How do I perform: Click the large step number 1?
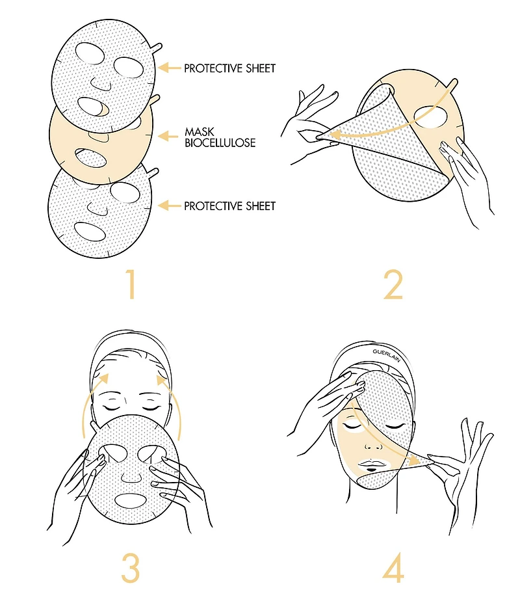point(131,284)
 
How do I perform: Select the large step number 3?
point(130,568)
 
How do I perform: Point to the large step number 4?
point(393,568)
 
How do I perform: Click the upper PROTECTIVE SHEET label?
point(230,68)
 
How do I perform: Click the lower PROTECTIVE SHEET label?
point(230,206)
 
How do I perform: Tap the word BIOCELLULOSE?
point(220,142)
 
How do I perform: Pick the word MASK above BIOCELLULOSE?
point(199,132)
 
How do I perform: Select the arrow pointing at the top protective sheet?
point(169,68)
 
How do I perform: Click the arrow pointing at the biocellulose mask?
point(168,136)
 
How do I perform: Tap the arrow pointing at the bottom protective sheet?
point(169,206)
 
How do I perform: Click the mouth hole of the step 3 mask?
point(131,500)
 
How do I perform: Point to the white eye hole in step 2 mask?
point(431,117)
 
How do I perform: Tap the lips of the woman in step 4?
point(371,463)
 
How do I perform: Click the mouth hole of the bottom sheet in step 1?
point(90,232)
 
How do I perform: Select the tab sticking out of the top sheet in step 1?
point(157,48)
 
